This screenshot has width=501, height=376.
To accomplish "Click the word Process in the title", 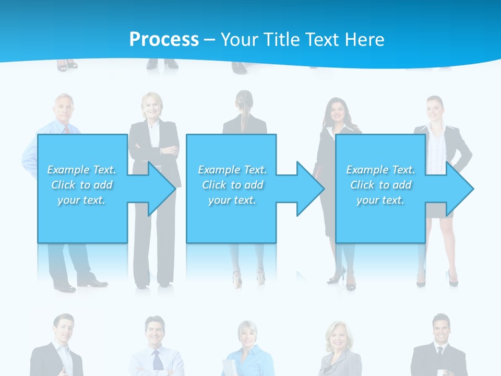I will pos(164,39).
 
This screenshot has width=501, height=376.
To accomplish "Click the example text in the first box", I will pos(82,185).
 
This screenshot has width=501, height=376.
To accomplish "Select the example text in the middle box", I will pos(232,185).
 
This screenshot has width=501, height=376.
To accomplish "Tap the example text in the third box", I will pos(380,185).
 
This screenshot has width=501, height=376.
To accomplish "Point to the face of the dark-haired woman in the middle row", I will pos(335,111).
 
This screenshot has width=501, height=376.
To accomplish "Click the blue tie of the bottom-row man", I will pos(157,360).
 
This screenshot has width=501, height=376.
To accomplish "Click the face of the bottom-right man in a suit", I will pos(441,328).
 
